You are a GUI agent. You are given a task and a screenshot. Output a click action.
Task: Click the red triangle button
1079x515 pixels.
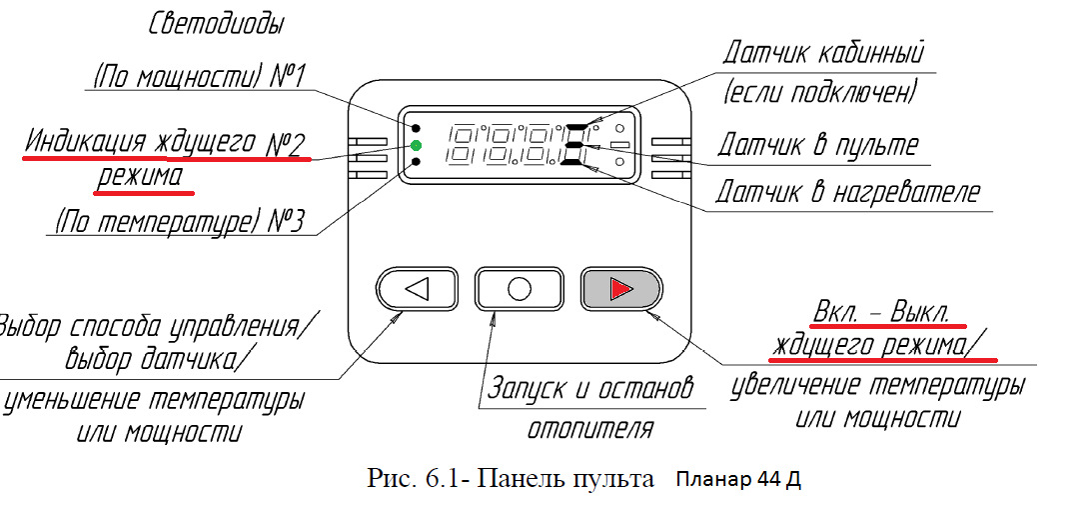point(620,289)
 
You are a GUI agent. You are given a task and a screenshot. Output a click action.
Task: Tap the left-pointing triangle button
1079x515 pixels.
point(418,289)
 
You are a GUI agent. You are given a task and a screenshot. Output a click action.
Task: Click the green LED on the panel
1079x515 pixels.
point(416,147)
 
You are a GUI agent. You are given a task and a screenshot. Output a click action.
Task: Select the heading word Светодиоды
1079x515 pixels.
point(216,24)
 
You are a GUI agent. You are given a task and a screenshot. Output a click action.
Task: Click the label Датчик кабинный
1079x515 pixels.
point(824,52)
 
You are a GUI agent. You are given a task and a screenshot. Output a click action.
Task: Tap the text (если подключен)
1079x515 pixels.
point(819,95)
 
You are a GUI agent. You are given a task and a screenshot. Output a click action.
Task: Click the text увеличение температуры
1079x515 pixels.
point(876,384)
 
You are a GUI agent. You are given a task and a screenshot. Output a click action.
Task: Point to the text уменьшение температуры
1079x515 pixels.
point(156,400)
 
